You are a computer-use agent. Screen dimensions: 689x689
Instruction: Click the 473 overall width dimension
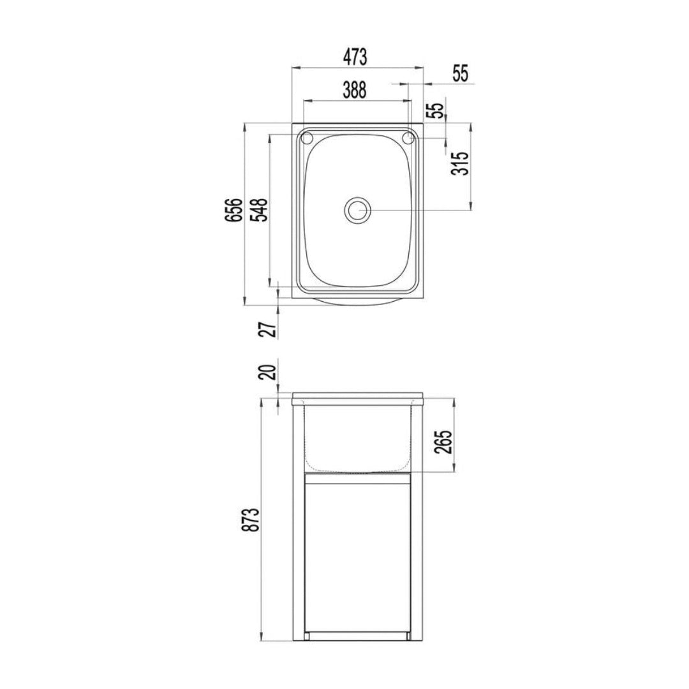point(355,57)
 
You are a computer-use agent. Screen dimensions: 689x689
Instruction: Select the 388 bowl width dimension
point(355,91)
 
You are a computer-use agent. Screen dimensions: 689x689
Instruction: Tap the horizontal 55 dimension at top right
point(459,73)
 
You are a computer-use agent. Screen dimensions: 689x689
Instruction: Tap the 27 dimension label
point(269,329)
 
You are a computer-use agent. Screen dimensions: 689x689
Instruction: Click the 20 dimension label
point(269,371)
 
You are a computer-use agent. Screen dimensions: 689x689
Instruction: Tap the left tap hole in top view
point(306,138)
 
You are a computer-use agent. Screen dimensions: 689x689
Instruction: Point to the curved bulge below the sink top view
point(357,302)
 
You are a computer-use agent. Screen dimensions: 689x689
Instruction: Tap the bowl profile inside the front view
point(357,440)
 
